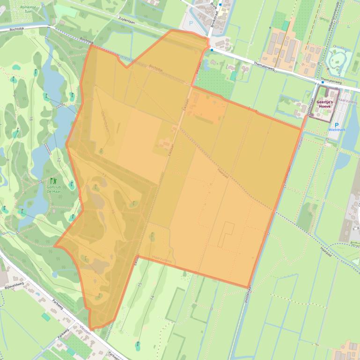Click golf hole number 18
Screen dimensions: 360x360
(31, 120)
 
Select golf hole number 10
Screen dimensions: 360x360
(59, 65)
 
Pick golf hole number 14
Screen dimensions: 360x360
(152, 297)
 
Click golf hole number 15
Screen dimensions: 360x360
(140, 284)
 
